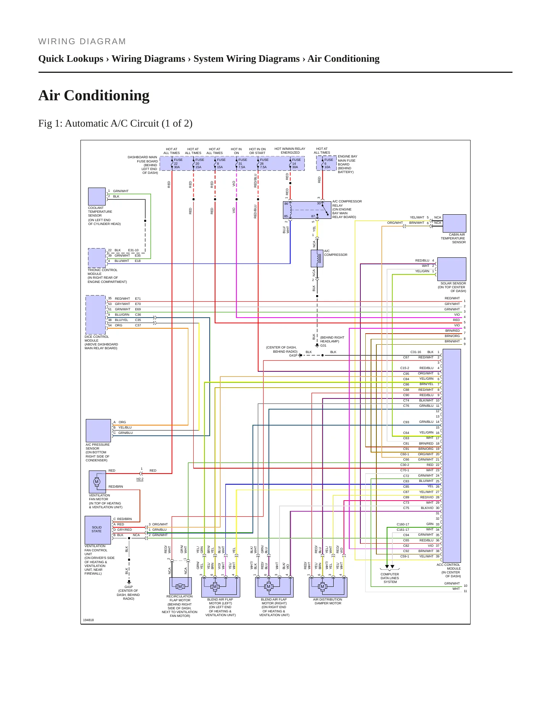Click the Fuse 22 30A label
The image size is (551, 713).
tap(178, 164)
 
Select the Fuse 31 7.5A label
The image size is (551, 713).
tap(243, 164)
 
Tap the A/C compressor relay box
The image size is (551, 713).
tap(307, 210)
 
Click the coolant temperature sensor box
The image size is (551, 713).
tap(97, 197)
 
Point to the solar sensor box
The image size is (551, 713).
tap(452, 269)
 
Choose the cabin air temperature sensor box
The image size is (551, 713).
tap(455, 223)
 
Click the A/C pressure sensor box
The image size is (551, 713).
tap(98, 431)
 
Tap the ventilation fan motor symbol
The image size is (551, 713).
tap(97, 482)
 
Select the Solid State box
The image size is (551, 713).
tap(98, 530)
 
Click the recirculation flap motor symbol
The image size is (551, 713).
tap(180, 586)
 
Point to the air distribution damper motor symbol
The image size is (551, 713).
tap(323, 586)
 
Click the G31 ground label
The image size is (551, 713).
tap(323, 345)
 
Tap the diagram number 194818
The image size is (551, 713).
tap(88, 620)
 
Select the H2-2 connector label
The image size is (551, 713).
tap(140, 479)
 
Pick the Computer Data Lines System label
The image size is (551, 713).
tap(390, 578)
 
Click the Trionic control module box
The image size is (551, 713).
tap(97, 258)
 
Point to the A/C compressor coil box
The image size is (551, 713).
tap(317, 259)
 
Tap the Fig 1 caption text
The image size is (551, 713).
tap(115, 124)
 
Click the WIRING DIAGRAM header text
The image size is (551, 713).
tap(82, 42)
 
